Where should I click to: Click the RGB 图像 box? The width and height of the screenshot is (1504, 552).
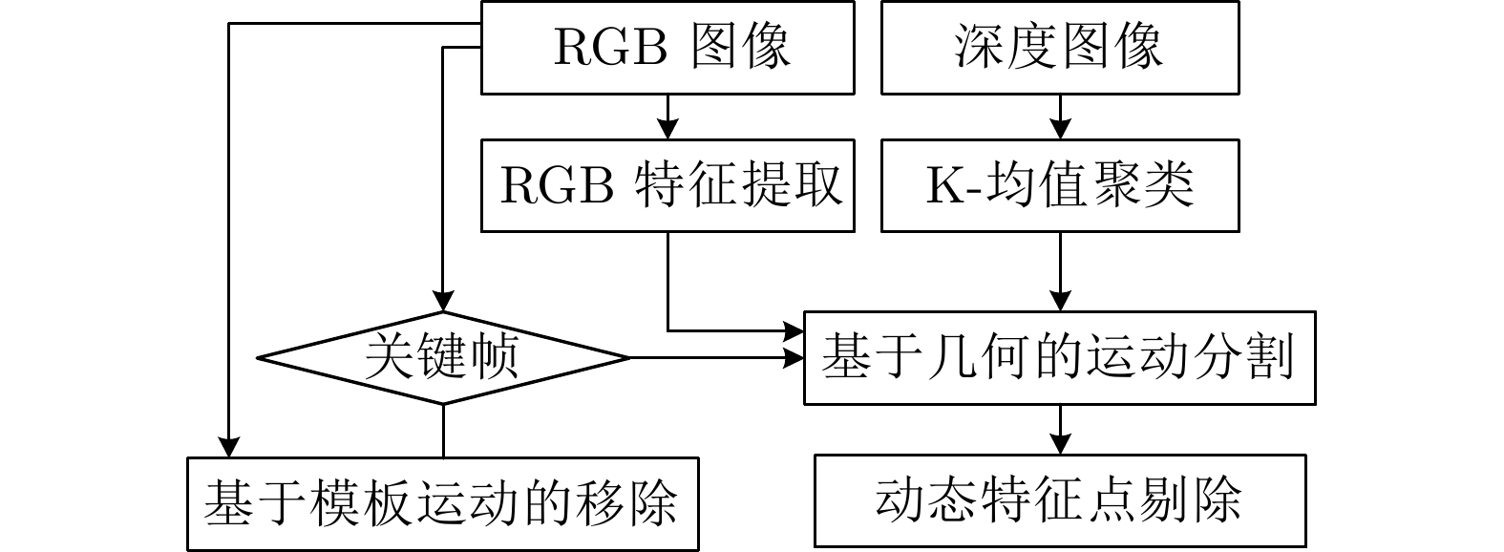click(667, 48)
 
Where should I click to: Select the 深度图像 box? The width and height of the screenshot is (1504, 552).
click(1060, 48)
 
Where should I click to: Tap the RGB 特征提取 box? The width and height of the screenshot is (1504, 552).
click(667, 185)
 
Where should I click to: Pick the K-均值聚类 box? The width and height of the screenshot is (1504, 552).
click(1060, 185)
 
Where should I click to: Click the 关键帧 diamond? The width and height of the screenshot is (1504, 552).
click(443, 358)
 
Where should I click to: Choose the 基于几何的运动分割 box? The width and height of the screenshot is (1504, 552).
click(1060, 358)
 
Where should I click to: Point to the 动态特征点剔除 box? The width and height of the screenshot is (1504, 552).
click(1060, 500)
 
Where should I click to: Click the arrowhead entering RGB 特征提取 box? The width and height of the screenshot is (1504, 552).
click(667, 129)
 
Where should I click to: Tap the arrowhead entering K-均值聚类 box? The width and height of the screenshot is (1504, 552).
click(1060, 129)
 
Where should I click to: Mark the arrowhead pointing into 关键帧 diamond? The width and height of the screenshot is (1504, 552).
click(443, 300)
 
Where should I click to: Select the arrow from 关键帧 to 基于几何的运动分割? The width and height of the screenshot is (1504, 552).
click(716, 358)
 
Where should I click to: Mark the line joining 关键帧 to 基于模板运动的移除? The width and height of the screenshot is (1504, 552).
click(443, 431)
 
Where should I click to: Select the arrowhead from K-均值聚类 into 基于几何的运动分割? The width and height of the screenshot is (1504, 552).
click(1060, 299)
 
